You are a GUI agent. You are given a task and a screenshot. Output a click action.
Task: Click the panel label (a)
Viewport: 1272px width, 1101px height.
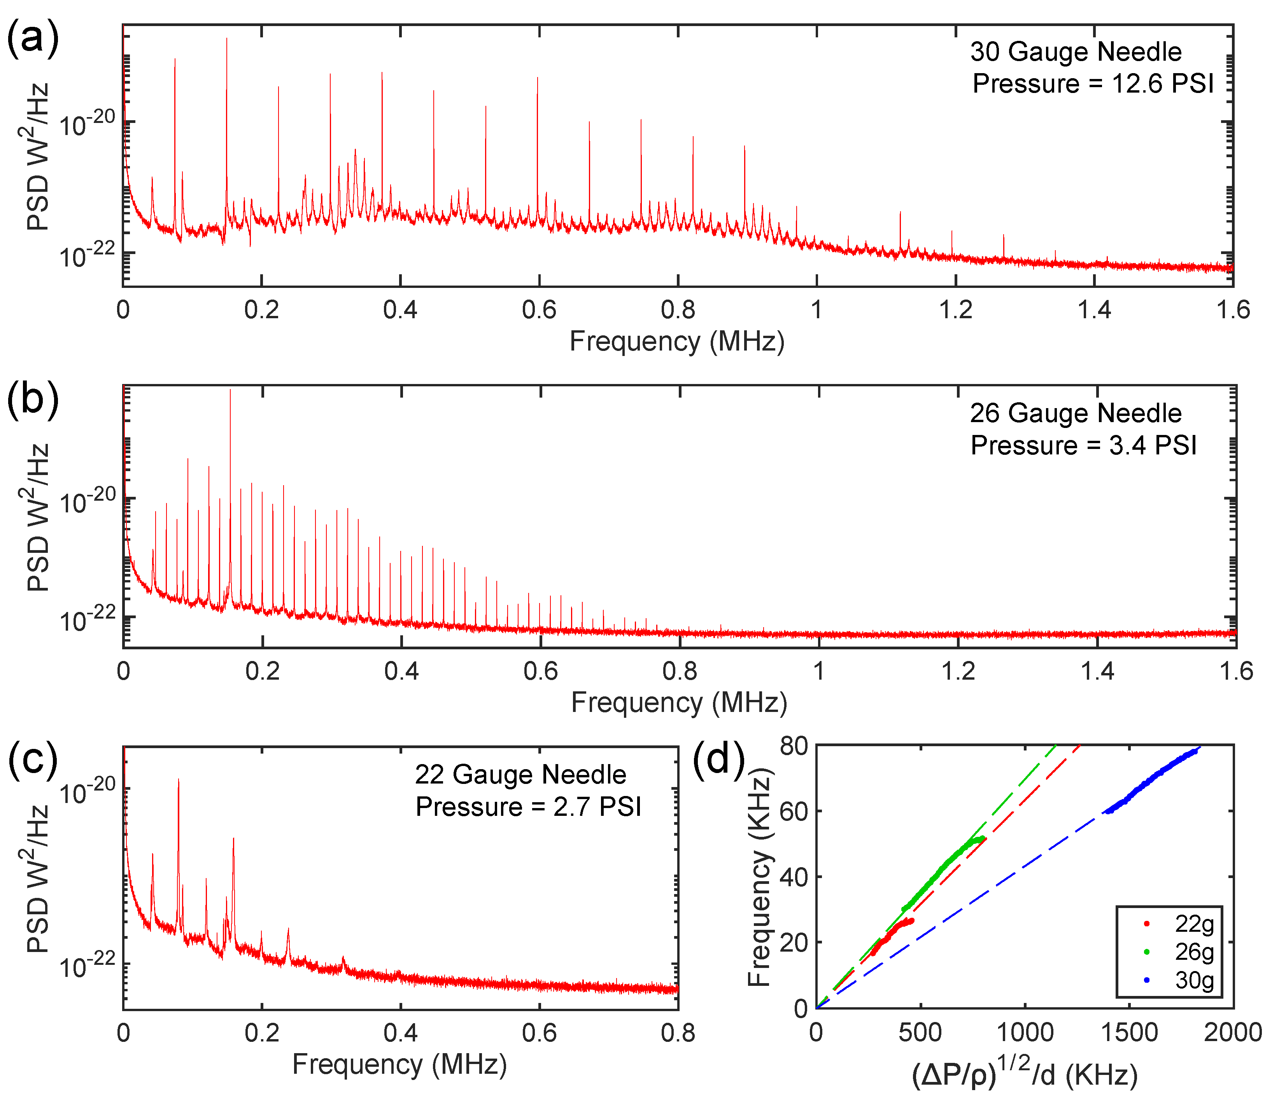coord(32,38)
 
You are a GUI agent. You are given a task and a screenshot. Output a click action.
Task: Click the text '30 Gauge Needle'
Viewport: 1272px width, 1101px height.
coord(1076,52)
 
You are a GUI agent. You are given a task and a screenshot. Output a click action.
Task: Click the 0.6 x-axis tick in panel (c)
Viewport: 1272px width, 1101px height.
coord(539,1033)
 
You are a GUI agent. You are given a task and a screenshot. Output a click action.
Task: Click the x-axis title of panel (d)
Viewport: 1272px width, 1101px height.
coord(1025,1073)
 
